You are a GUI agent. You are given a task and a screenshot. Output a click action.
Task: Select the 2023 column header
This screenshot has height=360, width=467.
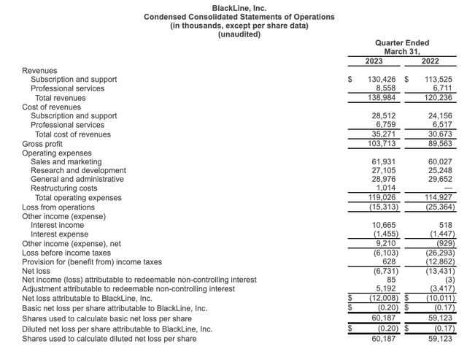click(x=374, y=61)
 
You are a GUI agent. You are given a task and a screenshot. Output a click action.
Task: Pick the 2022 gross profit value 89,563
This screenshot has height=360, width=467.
click(x=439, y=143)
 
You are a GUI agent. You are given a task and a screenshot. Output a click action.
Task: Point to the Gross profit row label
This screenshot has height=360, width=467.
click(x=43, y=143)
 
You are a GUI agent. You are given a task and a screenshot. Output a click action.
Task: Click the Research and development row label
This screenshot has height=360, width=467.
click(x=77, y=170)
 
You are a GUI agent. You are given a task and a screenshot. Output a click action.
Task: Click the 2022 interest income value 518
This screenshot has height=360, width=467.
click(x=446, y=225)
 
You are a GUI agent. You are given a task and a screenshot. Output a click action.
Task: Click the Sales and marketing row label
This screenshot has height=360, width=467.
click(x=66, y=161)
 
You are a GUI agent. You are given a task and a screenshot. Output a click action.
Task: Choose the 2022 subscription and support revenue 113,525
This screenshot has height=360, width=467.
click(x=437, y=80)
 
